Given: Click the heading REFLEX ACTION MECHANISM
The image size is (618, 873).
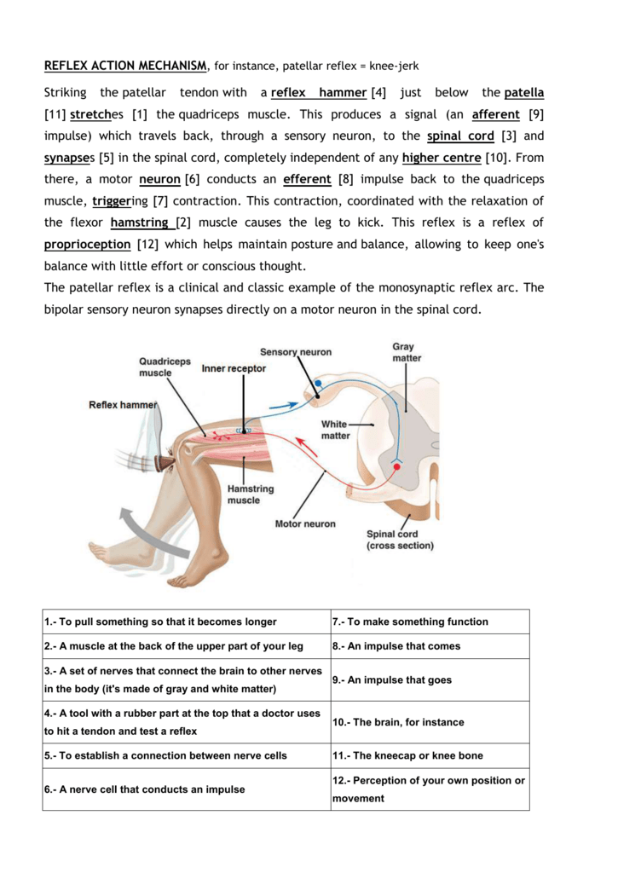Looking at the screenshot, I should click(124, 66).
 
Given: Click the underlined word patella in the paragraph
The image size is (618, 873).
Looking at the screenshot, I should click(523, 92).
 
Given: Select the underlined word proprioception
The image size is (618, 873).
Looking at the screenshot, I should click(88, 244).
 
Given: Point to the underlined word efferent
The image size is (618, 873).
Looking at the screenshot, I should click(306, 179).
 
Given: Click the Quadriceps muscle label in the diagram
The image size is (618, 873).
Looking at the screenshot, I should click(165, 367).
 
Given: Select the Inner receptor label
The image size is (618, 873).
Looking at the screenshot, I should click(234, 368).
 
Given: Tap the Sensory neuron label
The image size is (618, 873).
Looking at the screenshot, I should click(296, 352).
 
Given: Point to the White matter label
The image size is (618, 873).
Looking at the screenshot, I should click(335, 430).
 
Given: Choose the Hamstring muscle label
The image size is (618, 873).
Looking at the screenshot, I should click(250, 494).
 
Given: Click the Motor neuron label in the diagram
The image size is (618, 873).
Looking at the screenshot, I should click(304, 523).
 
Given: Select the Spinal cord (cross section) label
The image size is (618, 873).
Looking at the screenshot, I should click(400, 540).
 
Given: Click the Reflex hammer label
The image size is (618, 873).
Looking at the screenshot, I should click(123, 405).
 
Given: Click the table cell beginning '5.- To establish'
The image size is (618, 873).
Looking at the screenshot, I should click(185, 755).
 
